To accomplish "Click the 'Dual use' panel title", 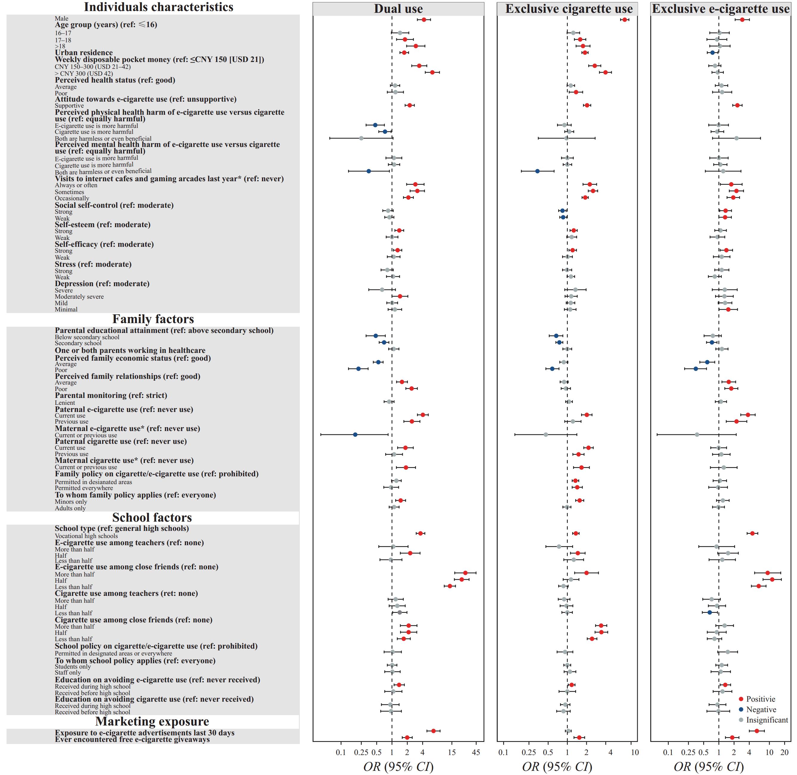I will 398,9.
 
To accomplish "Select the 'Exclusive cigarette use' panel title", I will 568,9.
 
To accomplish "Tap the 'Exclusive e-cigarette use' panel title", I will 720,9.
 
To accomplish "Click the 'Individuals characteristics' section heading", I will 159,7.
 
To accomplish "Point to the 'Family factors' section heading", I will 153,319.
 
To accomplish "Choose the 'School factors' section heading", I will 152,517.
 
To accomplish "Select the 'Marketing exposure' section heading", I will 152,721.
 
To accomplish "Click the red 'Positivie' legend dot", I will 741,699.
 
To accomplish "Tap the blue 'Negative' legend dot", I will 741,709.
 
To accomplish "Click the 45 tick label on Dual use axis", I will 477,753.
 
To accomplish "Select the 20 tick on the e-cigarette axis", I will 785,753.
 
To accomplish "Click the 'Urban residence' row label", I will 84,52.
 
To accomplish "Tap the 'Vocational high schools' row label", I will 86,536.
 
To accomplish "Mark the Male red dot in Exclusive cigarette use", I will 625,20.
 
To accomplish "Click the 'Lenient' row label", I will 65,403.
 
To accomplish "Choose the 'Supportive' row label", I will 69,106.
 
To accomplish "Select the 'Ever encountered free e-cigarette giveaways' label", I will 132,739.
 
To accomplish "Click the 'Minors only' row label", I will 71,501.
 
